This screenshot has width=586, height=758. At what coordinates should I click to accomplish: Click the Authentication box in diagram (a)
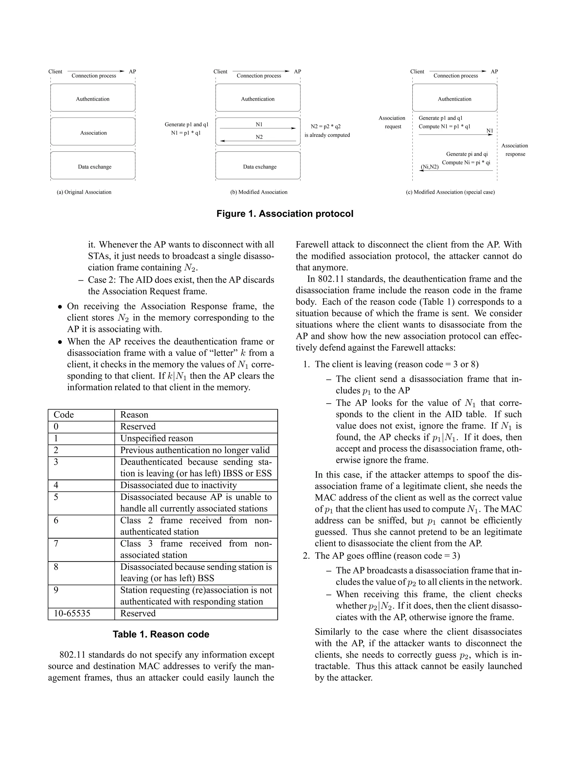point(93,99)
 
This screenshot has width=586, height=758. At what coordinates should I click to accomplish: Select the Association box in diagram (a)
point(93,133)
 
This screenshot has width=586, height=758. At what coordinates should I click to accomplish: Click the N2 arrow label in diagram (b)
point(259,137)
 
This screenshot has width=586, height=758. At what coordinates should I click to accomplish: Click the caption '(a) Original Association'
point(84,192)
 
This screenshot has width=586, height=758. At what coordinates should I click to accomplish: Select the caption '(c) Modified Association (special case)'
point(450,192)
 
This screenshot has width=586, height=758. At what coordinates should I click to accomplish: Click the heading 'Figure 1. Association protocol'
point(285,213)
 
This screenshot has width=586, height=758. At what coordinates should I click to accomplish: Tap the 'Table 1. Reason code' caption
point(161,634)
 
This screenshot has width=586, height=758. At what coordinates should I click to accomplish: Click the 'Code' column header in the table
point(64,415)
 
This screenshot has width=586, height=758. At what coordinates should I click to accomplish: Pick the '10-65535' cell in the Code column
point(72,613)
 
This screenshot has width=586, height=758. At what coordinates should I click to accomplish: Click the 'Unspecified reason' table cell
point(157,438)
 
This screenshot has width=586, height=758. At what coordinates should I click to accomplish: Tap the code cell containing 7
point(56,543)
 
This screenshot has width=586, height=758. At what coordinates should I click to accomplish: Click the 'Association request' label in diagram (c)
point(392,122)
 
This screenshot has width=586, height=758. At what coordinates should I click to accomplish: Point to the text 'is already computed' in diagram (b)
point(327,135)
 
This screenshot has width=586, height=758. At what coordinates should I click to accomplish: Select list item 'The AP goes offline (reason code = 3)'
point(387,556)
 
